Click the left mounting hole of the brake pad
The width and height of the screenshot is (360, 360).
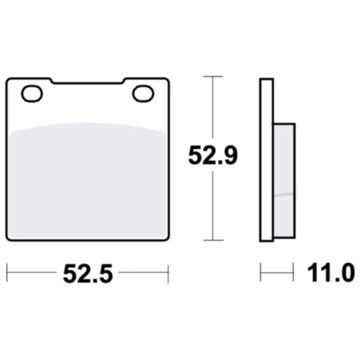[32, 91]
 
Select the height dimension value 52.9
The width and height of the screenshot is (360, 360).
[213, 156]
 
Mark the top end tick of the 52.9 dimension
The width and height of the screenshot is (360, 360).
[213, 75]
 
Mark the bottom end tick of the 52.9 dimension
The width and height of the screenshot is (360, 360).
[213, 240]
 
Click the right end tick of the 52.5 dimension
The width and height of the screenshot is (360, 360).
[168, 273]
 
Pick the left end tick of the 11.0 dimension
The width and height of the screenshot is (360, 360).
[260, 272]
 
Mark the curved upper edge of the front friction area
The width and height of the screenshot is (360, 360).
[87, 125]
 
